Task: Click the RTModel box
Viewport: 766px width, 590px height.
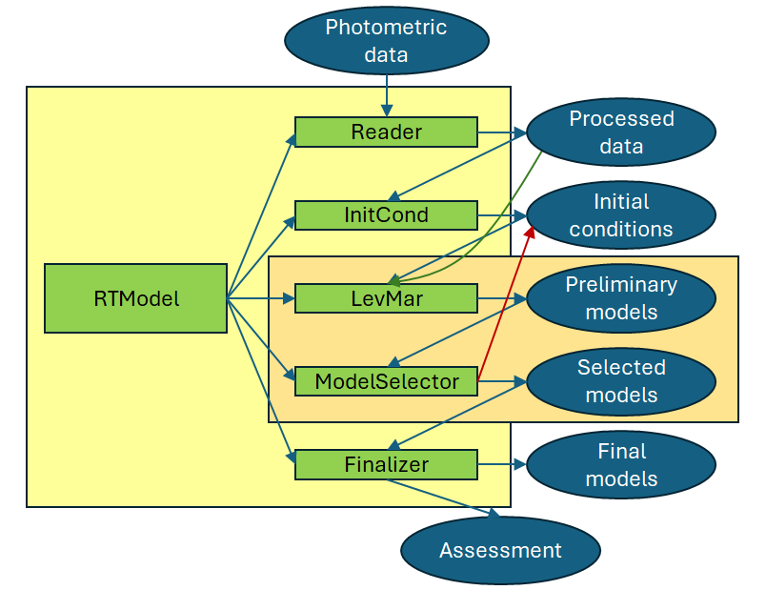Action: click(135, 298)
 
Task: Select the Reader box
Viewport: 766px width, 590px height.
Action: click(386, 132)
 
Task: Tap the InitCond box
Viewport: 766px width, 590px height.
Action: click(386, 215)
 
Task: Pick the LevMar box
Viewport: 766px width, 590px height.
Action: click(386, 298)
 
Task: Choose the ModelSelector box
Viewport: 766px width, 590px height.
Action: click(386, 381)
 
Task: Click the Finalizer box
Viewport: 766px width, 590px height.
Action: click(386, 465)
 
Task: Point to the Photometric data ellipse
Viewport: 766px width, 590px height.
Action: click(386, 40)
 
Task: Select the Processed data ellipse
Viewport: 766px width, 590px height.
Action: click(620, 132)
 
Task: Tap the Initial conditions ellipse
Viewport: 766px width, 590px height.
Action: click(620, 215)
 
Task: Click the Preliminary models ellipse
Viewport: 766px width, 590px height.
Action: click(620, 298)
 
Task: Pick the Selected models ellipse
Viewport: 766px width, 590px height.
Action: click(620, 381)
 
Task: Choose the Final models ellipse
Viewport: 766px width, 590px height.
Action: click(620, 465)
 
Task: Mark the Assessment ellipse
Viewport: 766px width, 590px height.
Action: click(500, 550)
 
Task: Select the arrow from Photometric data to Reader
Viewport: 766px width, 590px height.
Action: click(386, 95)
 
